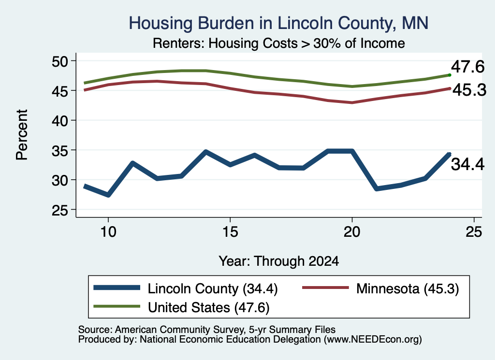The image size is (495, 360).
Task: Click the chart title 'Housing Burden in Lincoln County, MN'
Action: (x=278, y=23)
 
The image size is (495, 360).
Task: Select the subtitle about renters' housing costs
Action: (x=279, y=43)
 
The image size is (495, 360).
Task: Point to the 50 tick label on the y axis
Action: (x=60, y=61)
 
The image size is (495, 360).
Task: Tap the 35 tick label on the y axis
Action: (x=60, y=150)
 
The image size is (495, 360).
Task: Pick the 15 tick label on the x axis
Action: (x=230, y=232)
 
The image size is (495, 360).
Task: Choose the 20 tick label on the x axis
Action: (x=352, y=232)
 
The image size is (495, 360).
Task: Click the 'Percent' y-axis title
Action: (x=22, y=135)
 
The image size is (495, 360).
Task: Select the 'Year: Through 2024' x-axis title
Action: (x=279, y=261)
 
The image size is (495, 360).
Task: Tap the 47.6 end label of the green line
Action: (x=467, y=67)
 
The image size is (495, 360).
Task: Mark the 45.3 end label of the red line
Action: (x=469, y=90)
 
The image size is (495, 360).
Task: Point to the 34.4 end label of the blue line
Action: (x=467, y=164)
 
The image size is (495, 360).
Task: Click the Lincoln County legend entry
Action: (x=186, y=288)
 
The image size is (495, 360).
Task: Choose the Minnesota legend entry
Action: (x=381, y=288)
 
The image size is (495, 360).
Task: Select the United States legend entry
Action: (x=182, y=307)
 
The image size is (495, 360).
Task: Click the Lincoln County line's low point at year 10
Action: (x=108, y=195)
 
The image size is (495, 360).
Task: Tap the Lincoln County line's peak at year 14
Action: (x=206, y=152)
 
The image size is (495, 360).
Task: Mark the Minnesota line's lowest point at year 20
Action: (x=352, y=102)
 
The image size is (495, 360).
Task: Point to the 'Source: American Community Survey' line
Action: (x=207, y=330)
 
